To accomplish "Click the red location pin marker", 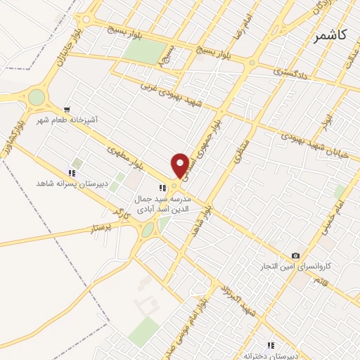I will (181, 165).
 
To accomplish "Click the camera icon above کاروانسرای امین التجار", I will (295, 255).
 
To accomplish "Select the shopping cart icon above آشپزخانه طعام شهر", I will (67, 110).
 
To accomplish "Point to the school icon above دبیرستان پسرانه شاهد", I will (71, 173).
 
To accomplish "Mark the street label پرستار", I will (103, 229).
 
